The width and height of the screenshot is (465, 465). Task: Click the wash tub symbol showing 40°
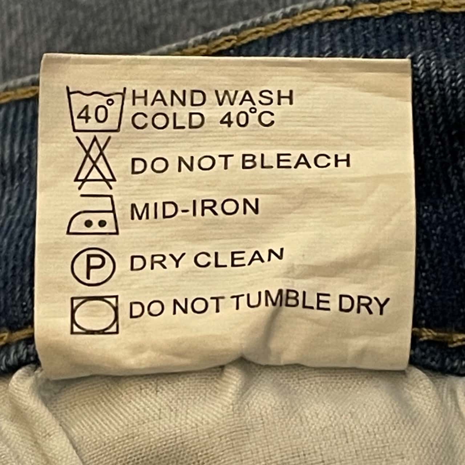click(x=96, y=110)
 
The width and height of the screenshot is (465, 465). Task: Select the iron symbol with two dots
click(x=93, y=214)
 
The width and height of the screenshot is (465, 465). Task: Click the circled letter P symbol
click(x=93, y=267)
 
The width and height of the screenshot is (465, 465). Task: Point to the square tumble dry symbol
click(x=94, y=315)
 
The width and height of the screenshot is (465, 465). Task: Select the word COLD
click(x=168, y=120)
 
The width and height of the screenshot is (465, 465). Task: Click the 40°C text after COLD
click(x=247, y=117)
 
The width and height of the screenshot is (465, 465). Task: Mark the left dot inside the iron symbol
click(x=88, y=223)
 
